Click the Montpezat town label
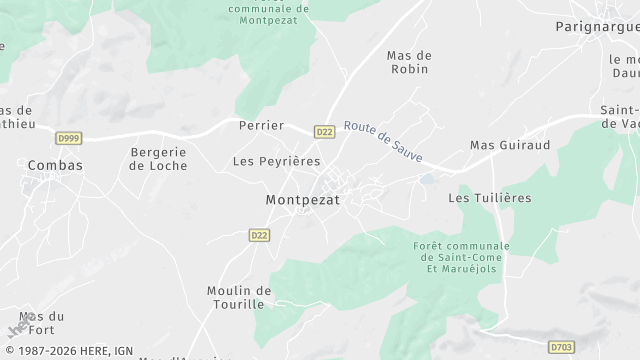tap(303, 200)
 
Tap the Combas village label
tap(55, 165)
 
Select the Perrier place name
tap(261, 126)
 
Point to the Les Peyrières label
tap(276, 160)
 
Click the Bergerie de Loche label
tap(159, 159)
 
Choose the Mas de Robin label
tap(408, 62)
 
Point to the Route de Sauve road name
tap(383, 143)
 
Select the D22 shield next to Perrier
tap(324, 130)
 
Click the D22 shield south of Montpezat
tap(260, 234)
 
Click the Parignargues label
tap(597, 27)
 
